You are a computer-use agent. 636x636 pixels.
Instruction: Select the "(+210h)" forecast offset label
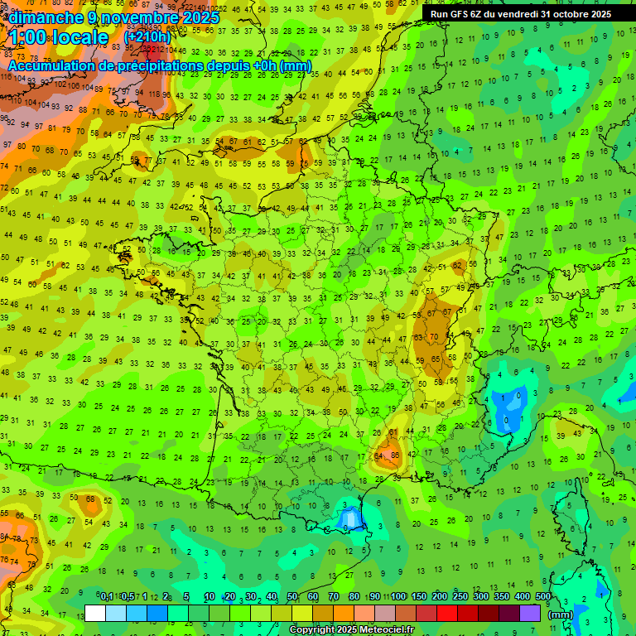coord(147,37)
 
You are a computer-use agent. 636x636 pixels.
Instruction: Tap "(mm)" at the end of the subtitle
coord(296,66)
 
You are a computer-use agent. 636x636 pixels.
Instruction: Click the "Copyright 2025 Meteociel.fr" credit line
coord(350,630)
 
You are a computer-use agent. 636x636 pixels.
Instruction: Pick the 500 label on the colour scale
coord(543,597)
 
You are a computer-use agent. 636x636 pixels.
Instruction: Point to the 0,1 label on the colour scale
coord(107,597)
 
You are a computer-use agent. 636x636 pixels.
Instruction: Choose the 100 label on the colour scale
coord(398,597)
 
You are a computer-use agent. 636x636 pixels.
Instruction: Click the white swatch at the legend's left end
coord(95,614)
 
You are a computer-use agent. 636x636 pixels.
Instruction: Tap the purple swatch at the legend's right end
coord(530,614)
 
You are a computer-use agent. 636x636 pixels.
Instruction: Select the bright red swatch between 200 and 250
coord(447,614)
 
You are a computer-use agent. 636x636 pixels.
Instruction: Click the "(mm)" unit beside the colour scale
coord(561,614)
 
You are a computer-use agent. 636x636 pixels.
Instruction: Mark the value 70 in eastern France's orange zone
coord(434,337)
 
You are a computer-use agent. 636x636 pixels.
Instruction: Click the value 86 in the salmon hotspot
coord(395,455)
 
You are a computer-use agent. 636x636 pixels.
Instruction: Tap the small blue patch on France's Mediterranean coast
coord(349,518)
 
